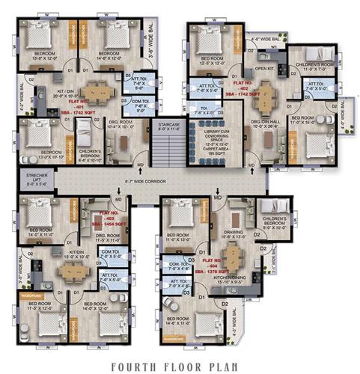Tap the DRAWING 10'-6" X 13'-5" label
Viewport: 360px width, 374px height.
point(233,238)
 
